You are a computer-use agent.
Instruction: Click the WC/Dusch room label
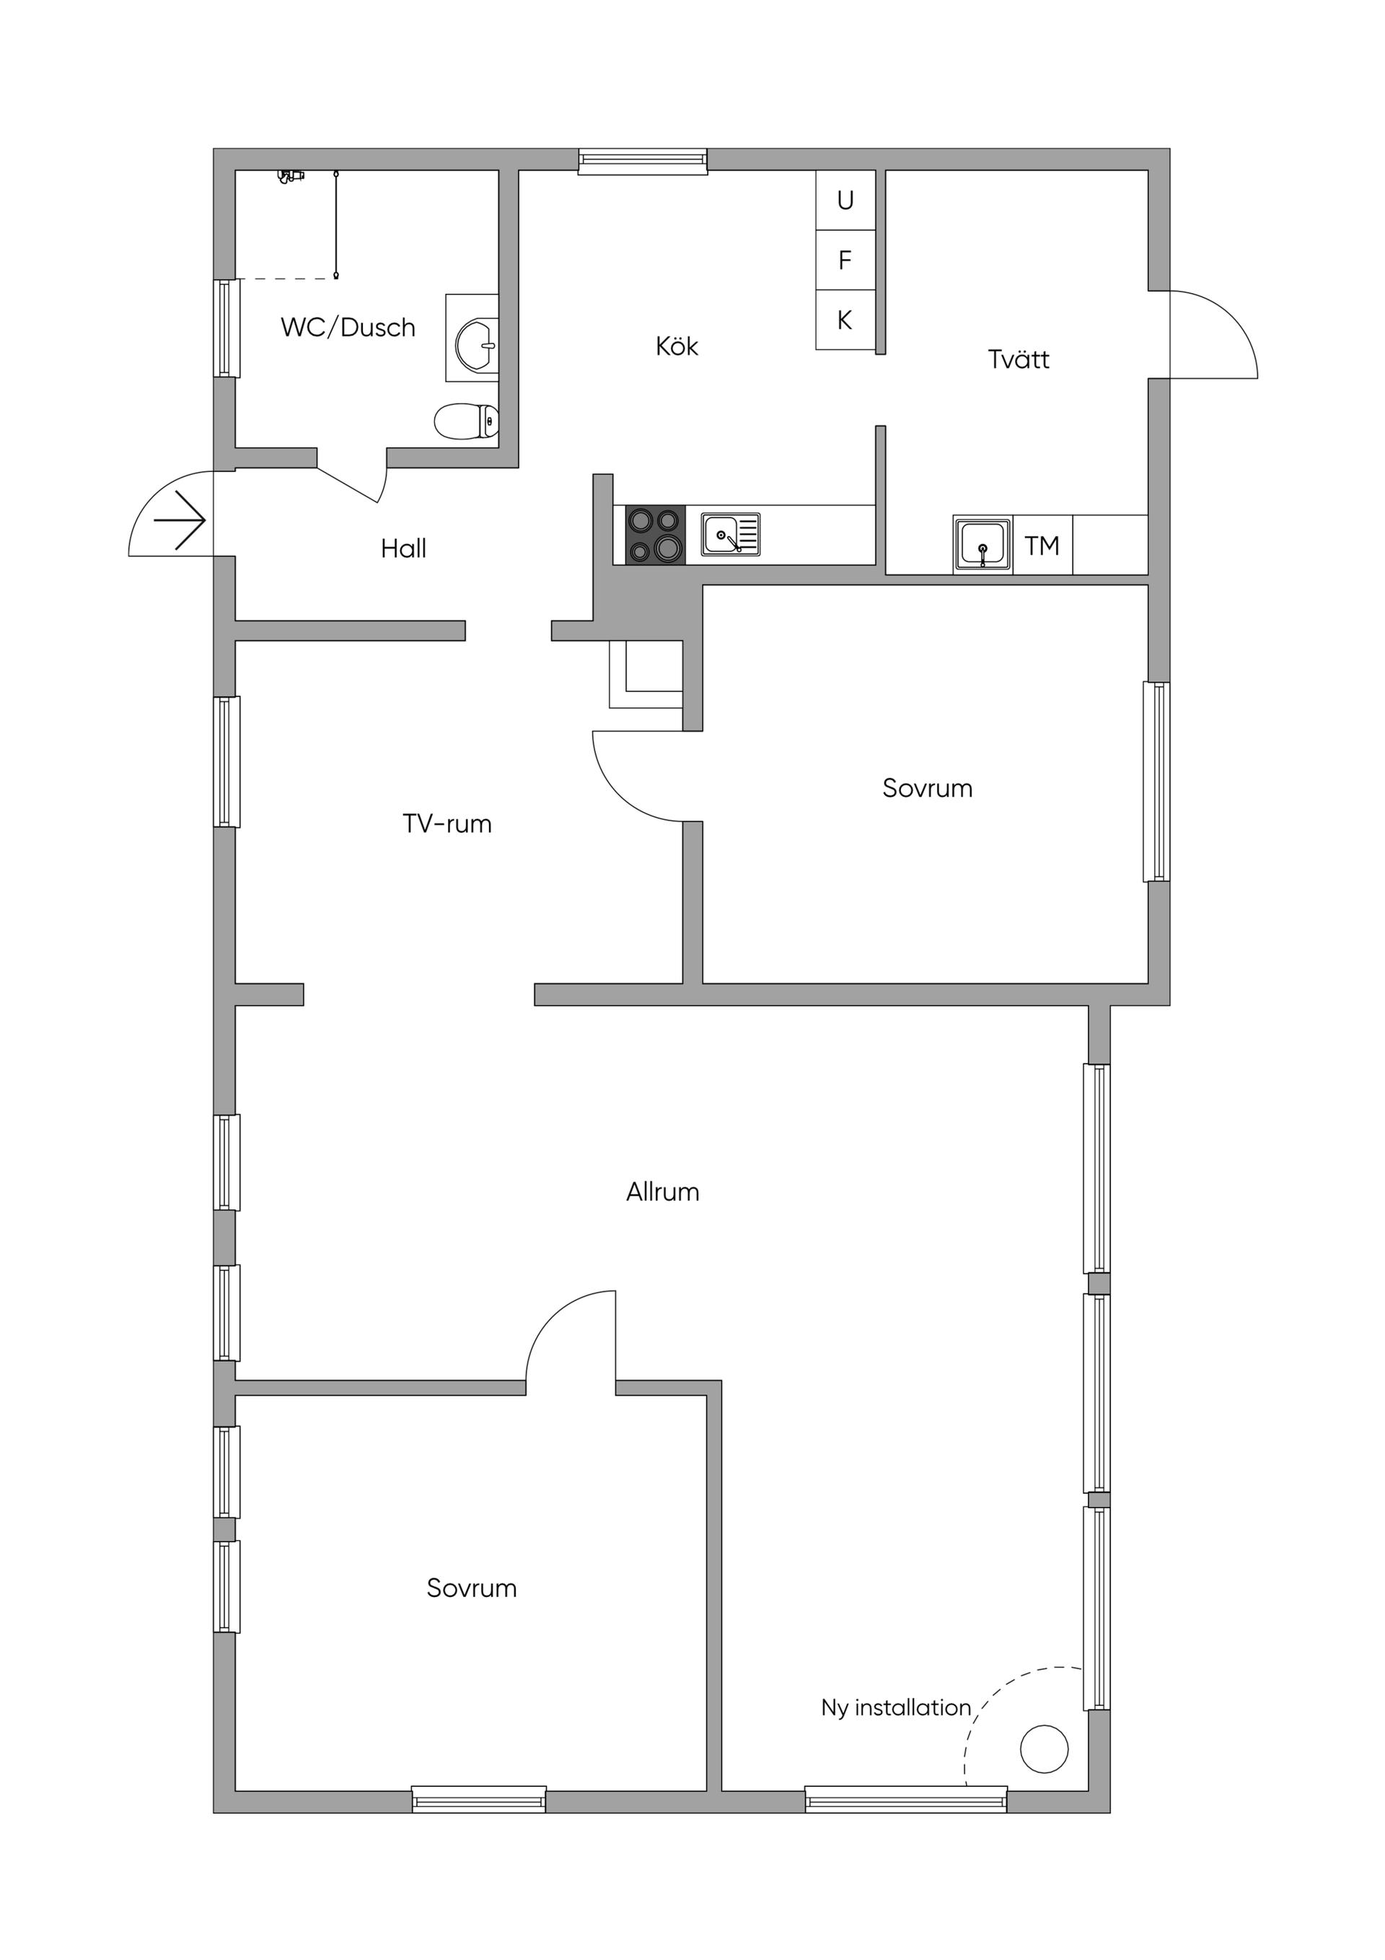tap(348, 328)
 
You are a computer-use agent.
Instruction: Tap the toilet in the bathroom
tap(467, 421)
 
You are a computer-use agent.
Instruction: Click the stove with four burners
tap(656, 535)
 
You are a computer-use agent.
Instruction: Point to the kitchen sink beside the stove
tap(731, 535)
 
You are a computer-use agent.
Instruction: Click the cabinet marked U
tap(845, 201)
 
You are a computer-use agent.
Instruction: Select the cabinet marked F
tap(845, 261)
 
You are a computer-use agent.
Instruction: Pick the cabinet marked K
tap(845, 320)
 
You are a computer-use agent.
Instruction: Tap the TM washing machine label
tap(1042, 546)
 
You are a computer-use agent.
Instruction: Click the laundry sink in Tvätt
tap(982, 545)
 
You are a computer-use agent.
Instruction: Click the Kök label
tap(677, 346)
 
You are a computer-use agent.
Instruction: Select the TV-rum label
tap(447, 824)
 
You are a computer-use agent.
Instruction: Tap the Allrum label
tap(663, 1193)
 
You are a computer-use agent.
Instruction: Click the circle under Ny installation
tap(1045, 1749)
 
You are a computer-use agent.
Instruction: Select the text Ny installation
tap(896, 1708)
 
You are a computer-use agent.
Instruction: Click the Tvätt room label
tap(1019, 359)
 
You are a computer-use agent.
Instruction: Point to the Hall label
tap(404, 549)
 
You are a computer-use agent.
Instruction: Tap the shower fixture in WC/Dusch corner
tap(292, 176)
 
